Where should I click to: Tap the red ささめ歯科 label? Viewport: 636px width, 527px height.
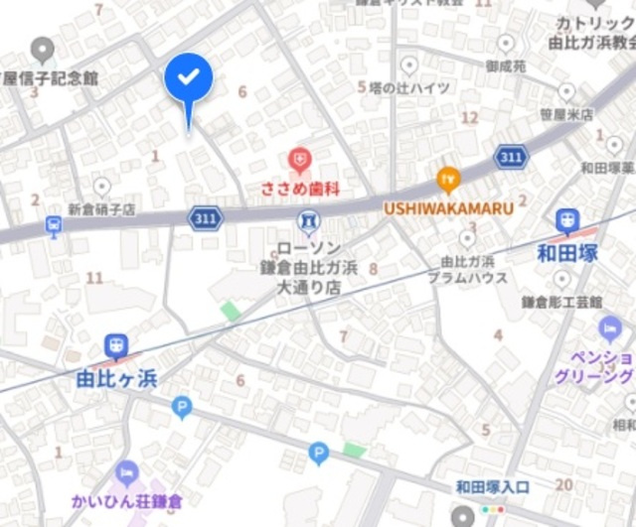299,188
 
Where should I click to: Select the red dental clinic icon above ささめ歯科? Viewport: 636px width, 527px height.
299,158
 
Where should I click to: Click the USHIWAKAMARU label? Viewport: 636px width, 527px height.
449,208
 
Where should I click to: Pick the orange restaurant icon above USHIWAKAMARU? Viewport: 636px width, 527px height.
449,180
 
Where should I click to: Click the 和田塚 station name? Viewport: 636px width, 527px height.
567,253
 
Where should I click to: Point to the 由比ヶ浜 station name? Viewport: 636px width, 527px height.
116,378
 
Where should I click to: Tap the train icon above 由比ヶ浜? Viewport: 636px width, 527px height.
116,345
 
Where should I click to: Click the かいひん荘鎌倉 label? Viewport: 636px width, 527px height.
126,501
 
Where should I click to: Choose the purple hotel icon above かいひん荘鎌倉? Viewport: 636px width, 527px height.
126,473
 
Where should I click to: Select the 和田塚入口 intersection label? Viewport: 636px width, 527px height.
493,486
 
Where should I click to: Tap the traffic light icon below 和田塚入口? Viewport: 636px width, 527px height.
493,508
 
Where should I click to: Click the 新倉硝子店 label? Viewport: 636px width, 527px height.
101,210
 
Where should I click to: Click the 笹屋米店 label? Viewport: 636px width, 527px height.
566,114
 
